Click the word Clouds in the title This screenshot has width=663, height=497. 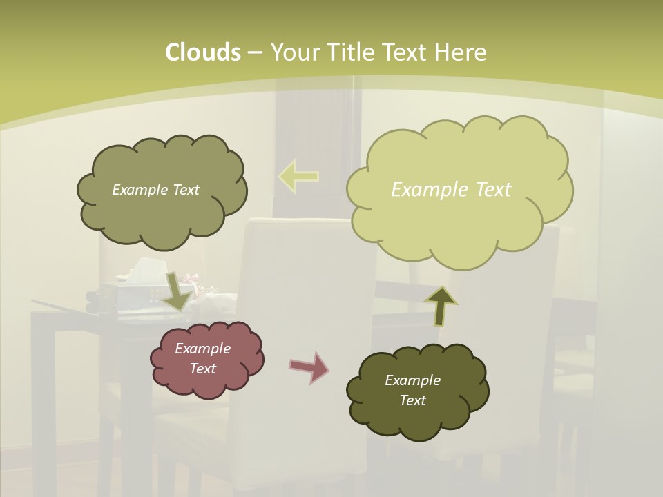(202, 52)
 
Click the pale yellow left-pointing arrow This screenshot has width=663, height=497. (298, 176)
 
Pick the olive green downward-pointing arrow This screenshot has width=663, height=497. (177, 291)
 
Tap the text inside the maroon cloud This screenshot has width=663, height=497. (202, 358)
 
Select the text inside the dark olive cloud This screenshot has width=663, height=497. (412, 390)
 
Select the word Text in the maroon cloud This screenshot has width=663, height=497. (202, 369)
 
